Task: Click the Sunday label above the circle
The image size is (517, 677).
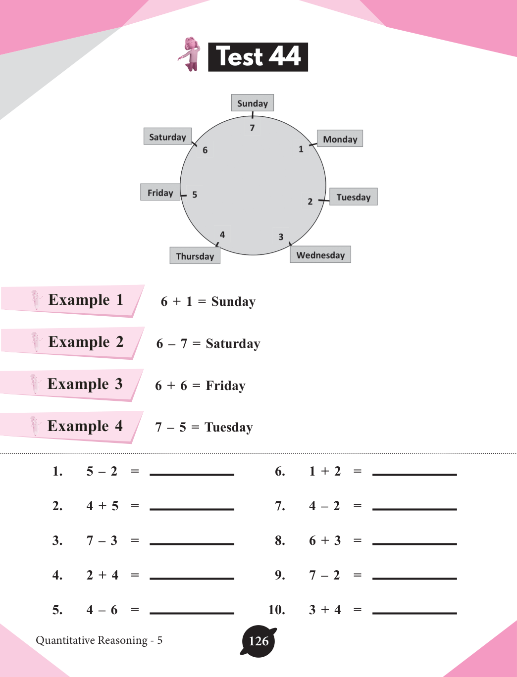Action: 252,103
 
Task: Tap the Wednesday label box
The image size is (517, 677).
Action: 320,255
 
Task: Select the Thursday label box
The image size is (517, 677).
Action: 195,256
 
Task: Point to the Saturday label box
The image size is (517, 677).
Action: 167,137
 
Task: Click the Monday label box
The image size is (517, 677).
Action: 340,139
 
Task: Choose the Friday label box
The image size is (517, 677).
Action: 160,193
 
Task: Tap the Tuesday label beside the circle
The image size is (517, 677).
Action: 353,197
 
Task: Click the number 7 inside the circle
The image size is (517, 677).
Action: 252,128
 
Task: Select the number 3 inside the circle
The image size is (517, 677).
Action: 281,237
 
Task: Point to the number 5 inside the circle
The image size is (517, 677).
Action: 195,194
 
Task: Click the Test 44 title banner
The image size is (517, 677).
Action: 258,57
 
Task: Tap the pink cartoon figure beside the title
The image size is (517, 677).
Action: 190,54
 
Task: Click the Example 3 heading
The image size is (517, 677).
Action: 85,384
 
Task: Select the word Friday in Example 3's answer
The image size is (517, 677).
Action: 225,386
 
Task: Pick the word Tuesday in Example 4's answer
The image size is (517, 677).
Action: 228,427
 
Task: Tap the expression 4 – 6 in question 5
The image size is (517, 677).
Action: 102,610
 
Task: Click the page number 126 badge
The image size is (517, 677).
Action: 258,641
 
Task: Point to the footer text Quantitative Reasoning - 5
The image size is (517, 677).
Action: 99,640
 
